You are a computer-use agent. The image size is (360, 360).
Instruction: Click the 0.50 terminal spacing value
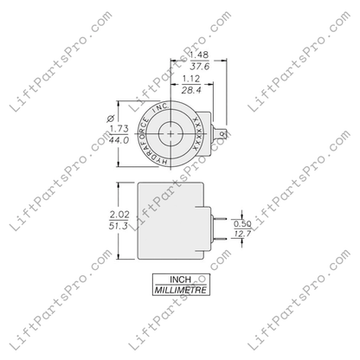tap(241, 224)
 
